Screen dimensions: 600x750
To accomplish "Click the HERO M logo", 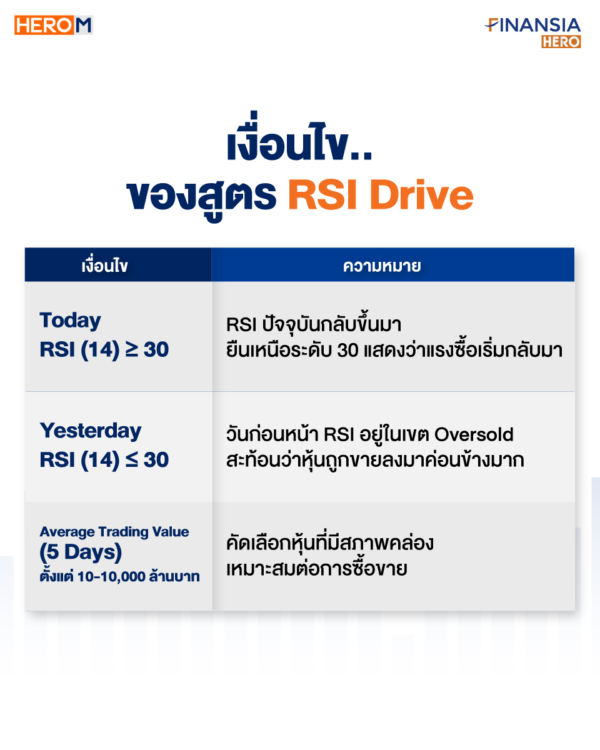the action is click(x=54, y=25).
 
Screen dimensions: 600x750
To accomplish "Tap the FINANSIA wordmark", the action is click(x=532, y=25).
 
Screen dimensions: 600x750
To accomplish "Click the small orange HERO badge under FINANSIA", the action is click(x=561, y=42).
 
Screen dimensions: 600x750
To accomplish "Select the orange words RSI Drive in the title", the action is click(x=381, y=194).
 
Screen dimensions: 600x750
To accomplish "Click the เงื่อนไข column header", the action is click(x=104, y=266).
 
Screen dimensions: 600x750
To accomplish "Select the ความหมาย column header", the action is click(x=382, y=266).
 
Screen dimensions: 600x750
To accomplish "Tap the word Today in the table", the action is click(x=71, y=321).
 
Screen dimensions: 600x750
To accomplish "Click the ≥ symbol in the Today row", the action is click(x=132, y=349).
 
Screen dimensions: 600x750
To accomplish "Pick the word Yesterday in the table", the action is click(x=91, y=431).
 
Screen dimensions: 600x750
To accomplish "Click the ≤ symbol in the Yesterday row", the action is click(x=132, y=459).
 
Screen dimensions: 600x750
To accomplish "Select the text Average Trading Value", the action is click(x=114, y=532).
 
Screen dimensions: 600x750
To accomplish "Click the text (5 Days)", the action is click(x=81, y=552).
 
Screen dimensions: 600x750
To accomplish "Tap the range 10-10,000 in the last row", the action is click(x=112, y=577).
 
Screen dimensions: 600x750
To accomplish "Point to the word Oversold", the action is click(x=474, y=434).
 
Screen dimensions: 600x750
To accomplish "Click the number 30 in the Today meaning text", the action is click(x=347, y=350).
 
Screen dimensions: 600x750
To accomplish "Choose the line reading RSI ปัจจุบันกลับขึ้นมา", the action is click(x=314, y=324).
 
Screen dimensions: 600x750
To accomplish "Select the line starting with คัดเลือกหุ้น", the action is click(x=330, y=544).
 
